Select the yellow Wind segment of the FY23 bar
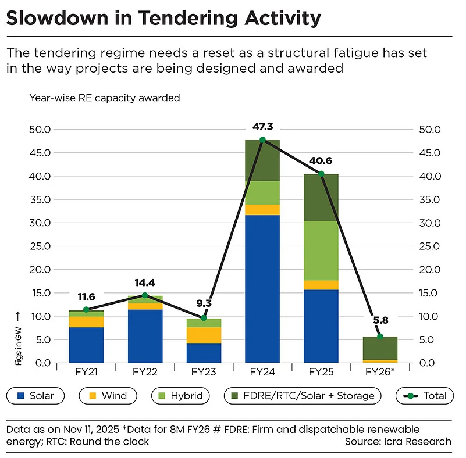tap(203, 335)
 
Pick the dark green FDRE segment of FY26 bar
tap(379, 348)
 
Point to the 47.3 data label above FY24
tap(262, 126)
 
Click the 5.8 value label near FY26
tap(380, 319)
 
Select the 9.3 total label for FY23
tap(204, 303)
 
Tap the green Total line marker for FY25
tap(321, 174)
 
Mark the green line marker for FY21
tap(86, 310)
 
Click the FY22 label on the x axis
tap(144, 372)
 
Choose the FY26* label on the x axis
tap(380, 372)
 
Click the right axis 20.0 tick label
tap(429, 270)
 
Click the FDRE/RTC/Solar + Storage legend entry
tap(303, 396)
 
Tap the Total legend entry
tap(424, 396)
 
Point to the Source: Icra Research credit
tap(398, 442)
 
